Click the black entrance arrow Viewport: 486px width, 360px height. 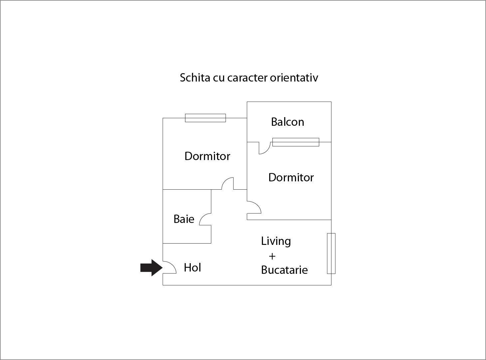click(151, 268)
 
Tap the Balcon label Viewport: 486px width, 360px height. click(288, 122)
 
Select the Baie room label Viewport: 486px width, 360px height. click(184, 219)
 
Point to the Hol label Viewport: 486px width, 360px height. click(192, 268)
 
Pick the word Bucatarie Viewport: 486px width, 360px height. click(284, 270)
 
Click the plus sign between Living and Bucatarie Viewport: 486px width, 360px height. click(272, 256)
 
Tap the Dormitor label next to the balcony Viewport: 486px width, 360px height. click(291, 177)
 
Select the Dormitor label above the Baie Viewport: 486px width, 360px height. click(207, 156)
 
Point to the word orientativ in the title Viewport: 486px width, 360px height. click(294, 78)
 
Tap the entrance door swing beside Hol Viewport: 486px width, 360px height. click(169, 267)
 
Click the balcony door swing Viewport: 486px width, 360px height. click(265, 148)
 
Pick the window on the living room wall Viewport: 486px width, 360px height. click(331, 254)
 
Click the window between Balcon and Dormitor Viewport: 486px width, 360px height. click(296, 142)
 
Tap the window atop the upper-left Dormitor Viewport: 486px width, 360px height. click(205, 118)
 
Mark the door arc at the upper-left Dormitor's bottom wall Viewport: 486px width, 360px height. click(227, 183)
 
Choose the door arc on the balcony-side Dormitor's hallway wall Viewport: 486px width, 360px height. click(254, 207)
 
